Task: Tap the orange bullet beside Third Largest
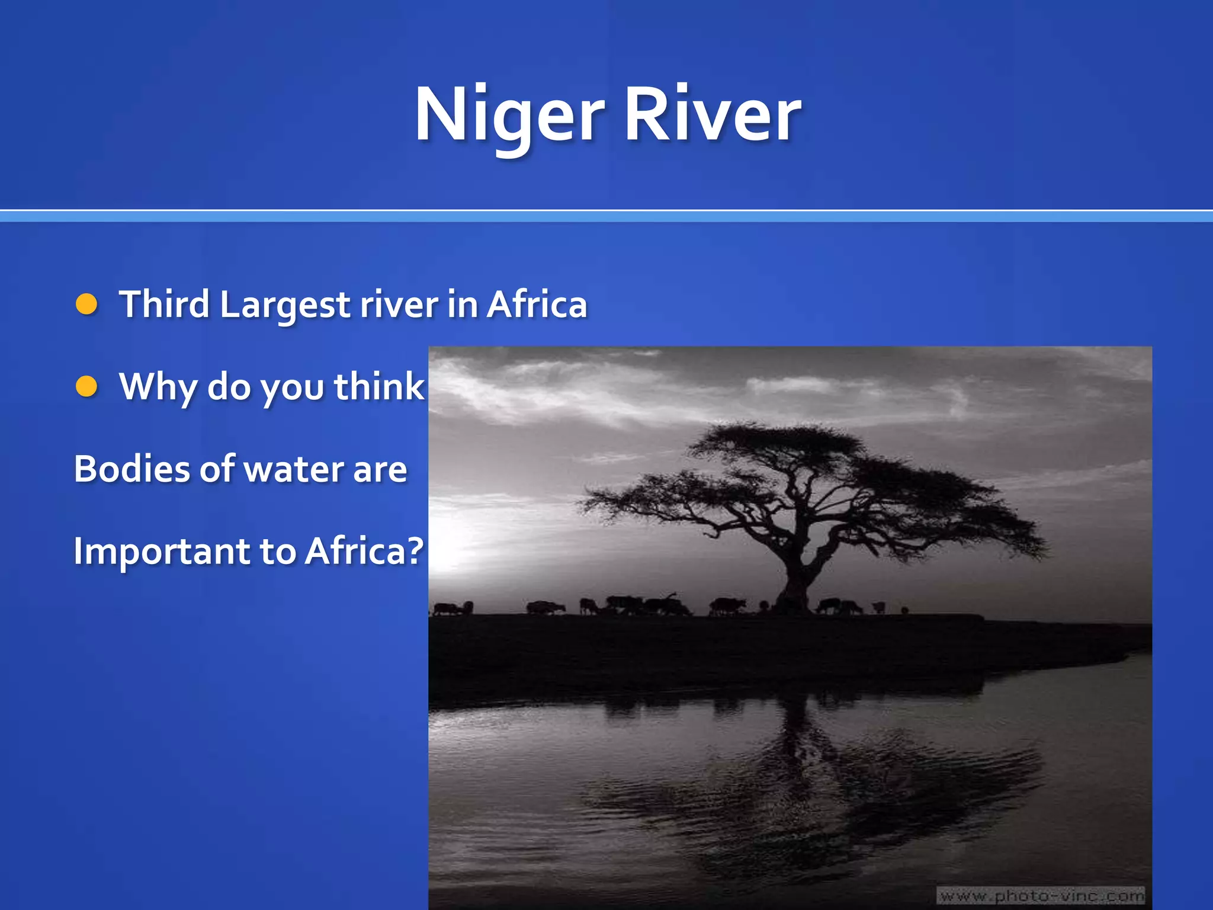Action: (x=87, y=305)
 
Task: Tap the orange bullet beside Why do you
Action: (x=87, y=387)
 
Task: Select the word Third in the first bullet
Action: (x=165, y=305)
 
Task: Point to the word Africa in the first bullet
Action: (x=537, y=305)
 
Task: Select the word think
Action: (x=379, y=387)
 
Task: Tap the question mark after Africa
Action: (x=416, y=551)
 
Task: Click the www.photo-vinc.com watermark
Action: (x=1041, y=896)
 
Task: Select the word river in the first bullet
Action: (x=399, y=305)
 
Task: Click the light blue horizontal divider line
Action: (x=606, y=217)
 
